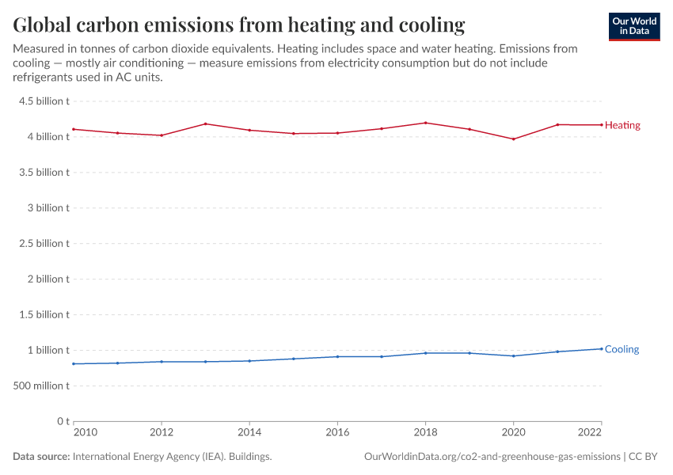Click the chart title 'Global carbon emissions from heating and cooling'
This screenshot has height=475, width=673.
click(x=239, y=25)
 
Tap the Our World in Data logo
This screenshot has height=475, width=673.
click(x=634, y=26)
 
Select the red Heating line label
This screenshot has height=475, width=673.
click(x=622, y=125)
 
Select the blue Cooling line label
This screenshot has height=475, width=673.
click(x=622, y=349)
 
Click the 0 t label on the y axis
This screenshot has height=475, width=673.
click(x=63, y=421)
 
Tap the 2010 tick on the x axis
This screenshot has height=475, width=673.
click(x=85, y=433)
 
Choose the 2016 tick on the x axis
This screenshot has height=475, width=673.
click(x=337, y=433)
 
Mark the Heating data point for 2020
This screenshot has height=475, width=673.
click(x=514, y=139)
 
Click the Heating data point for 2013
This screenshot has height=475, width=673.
click(x=205, y=123)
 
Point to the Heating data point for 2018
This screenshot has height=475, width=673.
click(x=425, y=123)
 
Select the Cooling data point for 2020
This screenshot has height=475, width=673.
click(x=514, y=355)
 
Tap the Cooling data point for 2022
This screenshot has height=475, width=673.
click(x=602, y=348)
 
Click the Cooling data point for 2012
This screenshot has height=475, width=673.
click(x=162, y=362)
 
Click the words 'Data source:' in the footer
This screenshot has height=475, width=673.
click(x=41, y=457)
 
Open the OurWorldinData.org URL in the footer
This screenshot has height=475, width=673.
click(x=492, y=457)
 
